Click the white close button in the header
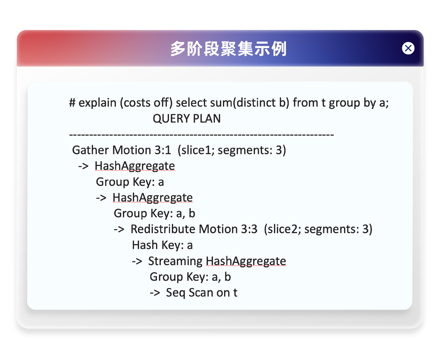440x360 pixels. (408, 48)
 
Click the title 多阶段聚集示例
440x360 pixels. (229, 49)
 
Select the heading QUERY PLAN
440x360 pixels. (187, 119)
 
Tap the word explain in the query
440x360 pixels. (97, 103)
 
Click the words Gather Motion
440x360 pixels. (112, 150)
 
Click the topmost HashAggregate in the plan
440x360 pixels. (135, 166)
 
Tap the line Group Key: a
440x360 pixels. (130, 182)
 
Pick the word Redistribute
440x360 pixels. (163, 229)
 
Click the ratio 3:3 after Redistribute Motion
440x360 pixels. (249, 229)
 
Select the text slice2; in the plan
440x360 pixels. (283, 229)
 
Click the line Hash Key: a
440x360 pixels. (162, 245)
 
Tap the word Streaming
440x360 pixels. (175, 261)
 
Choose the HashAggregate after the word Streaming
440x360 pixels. (246, 261)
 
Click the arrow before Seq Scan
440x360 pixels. (155, 293)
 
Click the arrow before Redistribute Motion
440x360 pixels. (119, 230)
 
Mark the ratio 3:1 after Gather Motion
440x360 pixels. (163, 150)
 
